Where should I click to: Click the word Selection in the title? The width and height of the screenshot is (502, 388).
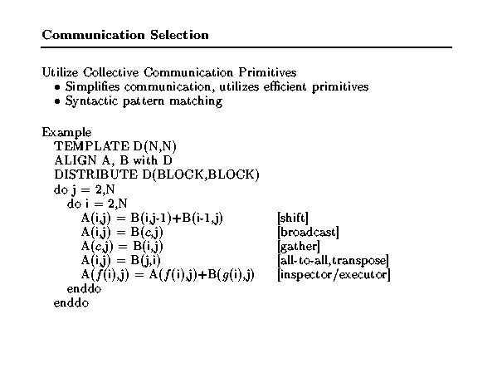(x=179, y=35)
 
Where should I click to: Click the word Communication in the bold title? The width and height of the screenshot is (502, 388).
(x=94, y=35)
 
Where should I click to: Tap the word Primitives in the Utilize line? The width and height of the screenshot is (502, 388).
(x=267, y=72)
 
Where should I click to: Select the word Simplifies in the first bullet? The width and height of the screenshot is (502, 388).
(x=93, y=87)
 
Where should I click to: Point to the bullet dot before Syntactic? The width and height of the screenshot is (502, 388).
(x=57, y=101)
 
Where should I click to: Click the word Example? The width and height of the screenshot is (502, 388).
(x=66, y=133)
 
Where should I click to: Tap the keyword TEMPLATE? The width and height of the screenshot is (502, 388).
(x=92, y=146)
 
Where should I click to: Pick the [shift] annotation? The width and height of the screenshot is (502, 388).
(x=293, y=218)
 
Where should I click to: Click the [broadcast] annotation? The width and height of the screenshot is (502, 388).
(x=308, y=232)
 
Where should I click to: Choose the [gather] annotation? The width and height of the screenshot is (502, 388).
(x=299, y=247)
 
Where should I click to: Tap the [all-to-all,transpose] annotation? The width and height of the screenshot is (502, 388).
(x=334, y=260)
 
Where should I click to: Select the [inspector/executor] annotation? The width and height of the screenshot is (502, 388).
(x=334, y=275)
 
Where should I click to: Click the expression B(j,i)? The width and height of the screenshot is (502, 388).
(x=146, y=260)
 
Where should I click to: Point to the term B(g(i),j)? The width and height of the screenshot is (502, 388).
(x=231, y=275)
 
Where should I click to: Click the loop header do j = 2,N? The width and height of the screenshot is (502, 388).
(x=84, y=189)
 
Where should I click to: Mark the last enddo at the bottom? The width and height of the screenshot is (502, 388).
(x=71, y=303)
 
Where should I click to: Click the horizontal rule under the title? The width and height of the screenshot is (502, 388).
(x=246, y=47)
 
